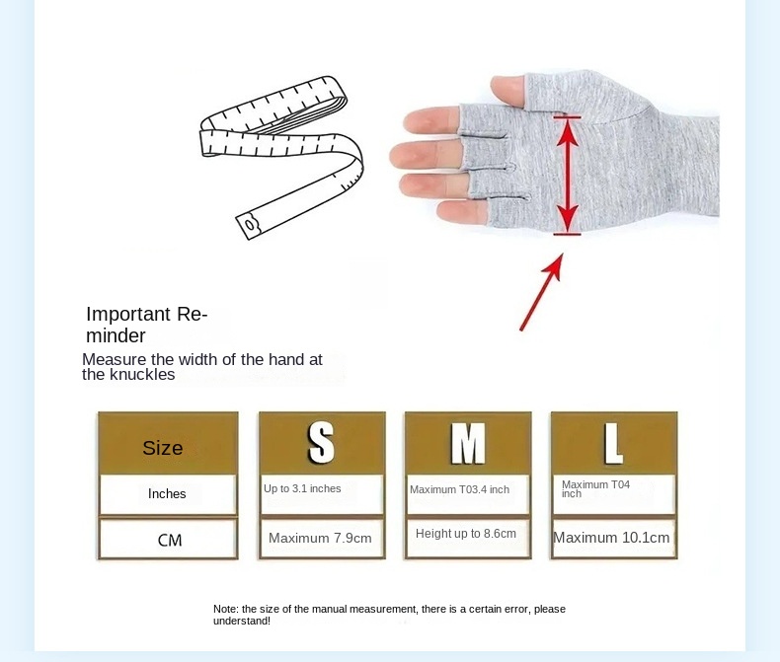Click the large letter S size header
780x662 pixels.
tap(321, 444)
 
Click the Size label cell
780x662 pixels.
tap(163, 448)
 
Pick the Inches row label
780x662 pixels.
tap(167, 493)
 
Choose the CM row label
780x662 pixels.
tap(170, 541)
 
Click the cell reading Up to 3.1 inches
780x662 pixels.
tap(302, 489)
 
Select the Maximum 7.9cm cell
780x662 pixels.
tap(320, 539)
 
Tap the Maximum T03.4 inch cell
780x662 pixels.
tap(459, 490)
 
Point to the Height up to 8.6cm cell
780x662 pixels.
tap(466, 534)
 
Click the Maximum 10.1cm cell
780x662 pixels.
tap(611, 538)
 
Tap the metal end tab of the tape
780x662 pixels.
tap(251, 224)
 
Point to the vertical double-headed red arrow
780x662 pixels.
tap(567, 176)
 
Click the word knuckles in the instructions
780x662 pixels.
tap(141, 375)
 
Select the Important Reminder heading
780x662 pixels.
tap(145, 325)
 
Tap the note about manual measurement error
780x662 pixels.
tap(389, 615)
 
